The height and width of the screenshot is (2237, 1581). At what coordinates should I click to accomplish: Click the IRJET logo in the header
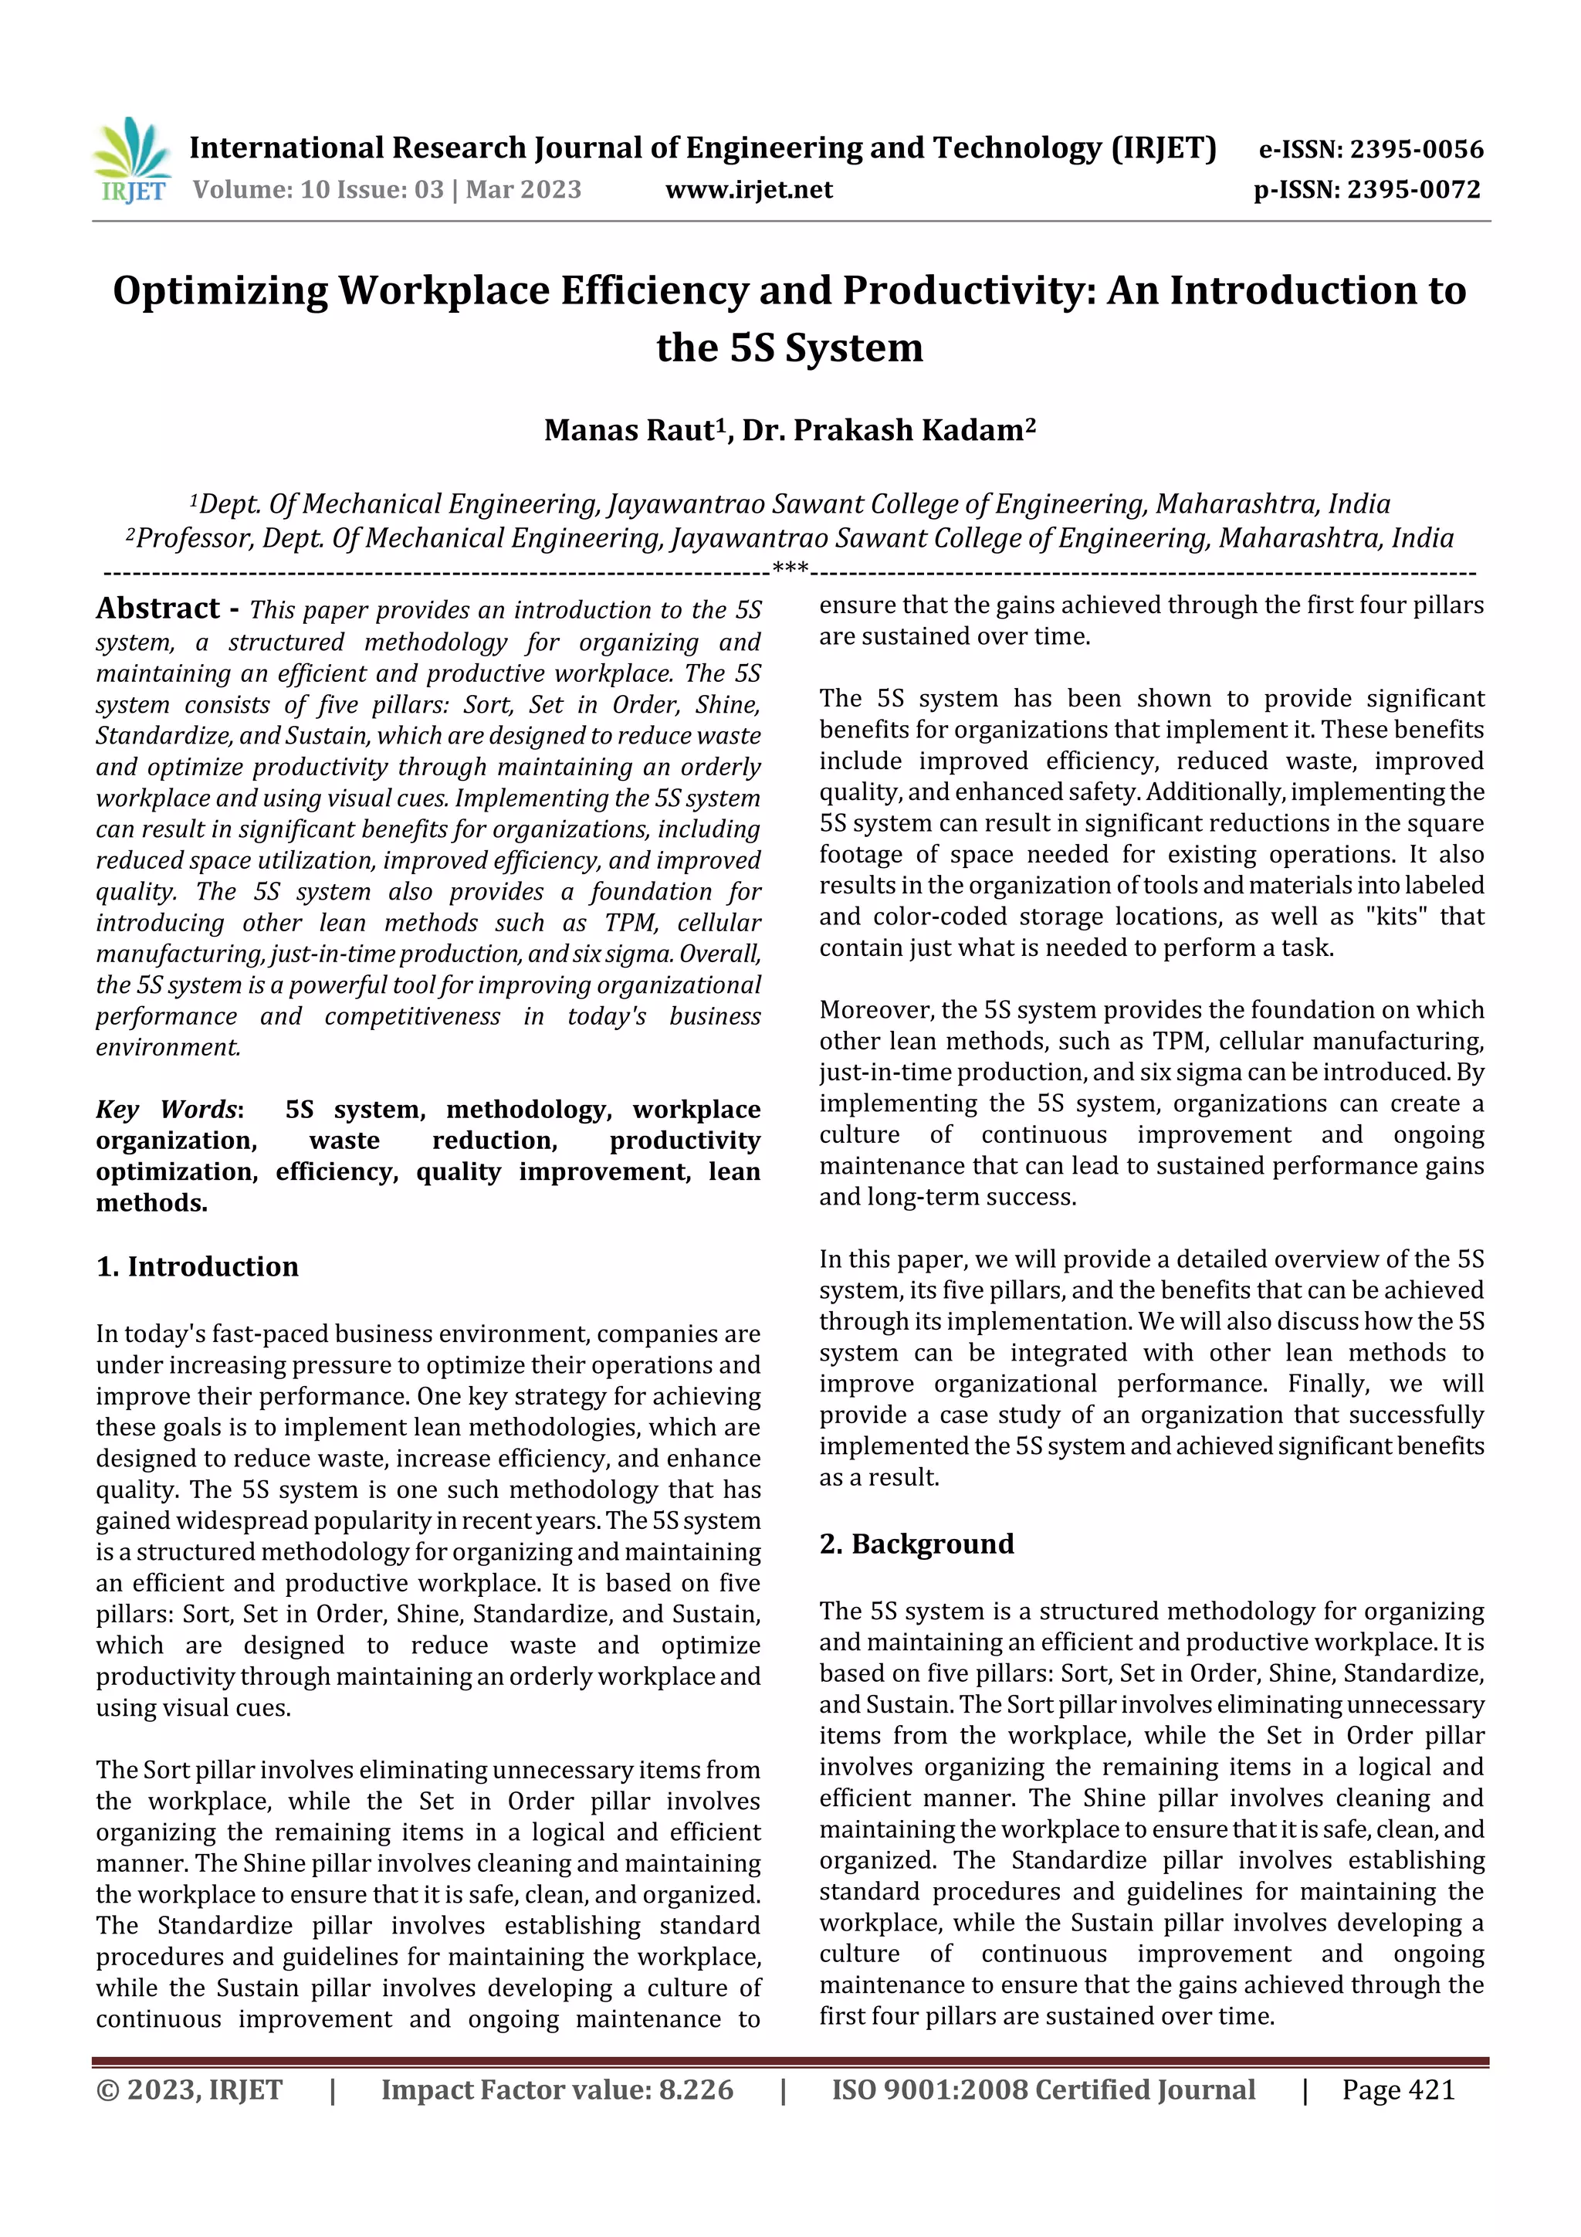[x=131, y=161]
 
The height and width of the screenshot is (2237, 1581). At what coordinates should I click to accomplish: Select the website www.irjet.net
[x=748, y=190]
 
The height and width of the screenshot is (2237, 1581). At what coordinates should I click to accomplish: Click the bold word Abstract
[x=157, y=609]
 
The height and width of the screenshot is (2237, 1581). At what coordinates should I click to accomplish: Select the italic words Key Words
[x=167, y=1110]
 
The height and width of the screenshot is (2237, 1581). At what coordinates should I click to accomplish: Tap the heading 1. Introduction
[x=198, y=1266]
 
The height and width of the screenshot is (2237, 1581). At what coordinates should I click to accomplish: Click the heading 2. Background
[x=916, y=1544]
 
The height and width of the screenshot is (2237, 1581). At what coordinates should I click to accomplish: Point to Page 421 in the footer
[x=1398, y=2090]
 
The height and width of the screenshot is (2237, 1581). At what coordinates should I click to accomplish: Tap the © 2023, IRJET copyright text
[x=189, y=2090]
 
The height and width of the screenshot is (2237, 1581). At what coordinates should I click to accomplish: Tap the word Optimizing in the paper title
[x=220, y=291]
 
